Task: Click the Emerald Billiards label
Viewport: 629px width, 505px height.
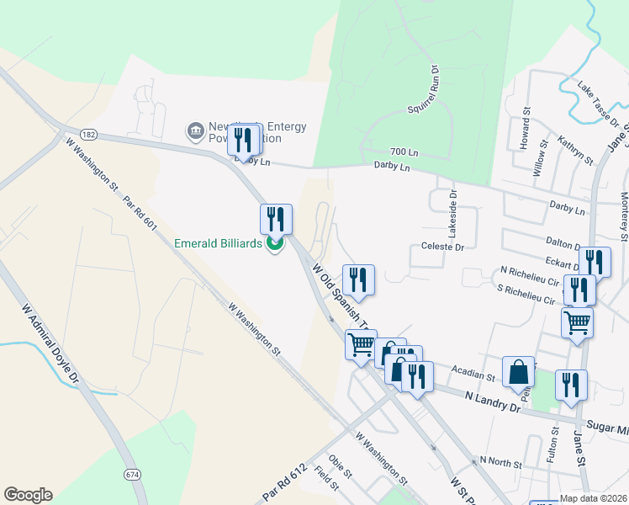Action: [219, 244]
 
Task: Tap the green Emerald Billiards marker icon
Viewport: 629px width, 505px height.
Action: [274, 245]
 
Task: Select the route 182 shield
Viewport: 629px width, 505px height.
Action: [89, 135]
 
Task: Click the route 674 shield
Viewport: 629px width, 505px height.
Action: [132, 476]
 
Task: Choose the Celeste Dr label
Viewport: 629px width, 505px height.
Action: [442, 247]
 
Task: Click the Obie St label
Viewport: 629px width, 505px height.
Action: [339, 463]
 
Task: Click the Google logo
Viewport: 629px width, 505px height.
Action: [28, 495]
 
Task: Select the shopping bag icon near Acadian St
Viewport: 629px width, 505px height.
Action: [519, 371]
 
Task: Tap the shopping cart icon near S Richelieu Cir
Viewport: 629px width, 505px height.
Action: [577, 322]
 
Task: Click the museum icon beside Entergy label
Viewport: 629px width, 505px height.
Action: [195, 131]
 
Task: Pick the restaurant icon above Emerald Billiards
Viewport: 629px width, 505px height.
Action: [276, 219]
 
